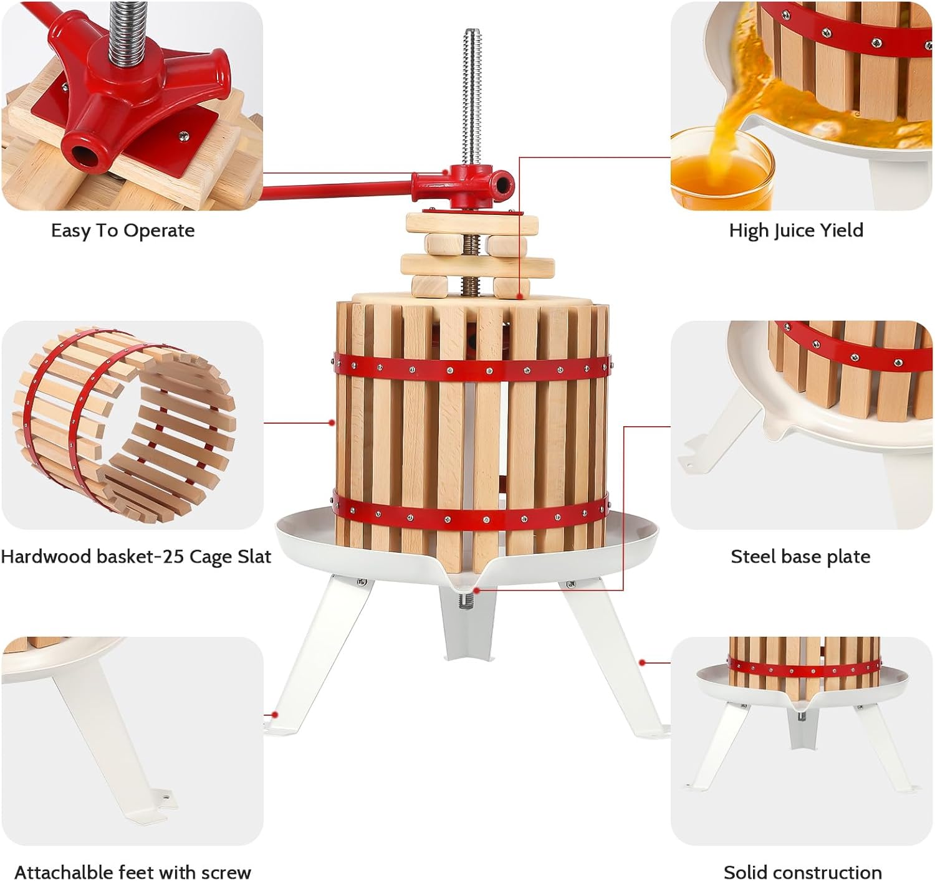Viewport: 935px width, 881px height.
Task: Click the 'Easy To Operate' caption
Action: pos(123,231)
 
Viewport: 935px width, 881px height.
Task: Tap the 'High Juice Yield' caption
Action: pos(796,231)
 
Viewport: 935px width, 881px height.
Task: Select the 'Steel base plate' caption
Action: pos(800,556)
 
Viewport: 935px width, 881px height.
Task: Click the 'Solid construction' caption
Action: pos(802,872)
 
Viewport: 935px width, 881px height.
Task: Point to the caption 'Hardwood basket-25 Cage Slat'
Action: pos(136,556)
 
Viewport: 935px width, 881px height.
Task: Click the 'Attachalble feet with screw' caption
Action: pos(132,872)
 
